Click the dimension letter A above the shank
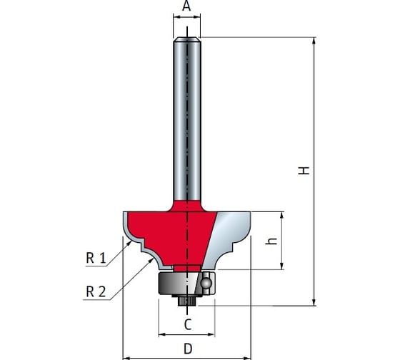pos(186,6)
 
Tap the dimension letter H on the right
pos(304,170)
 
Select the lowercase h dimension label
pos(271,241)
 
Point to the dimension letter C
pos(187,324)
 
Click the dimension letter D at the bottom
pos(188,349)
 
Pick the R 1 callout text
pos(96,258)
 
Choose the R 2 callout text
pos(96,291)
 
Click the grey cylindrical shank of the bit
pos(187,120)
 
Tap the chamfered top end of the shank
pos(187,39)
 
